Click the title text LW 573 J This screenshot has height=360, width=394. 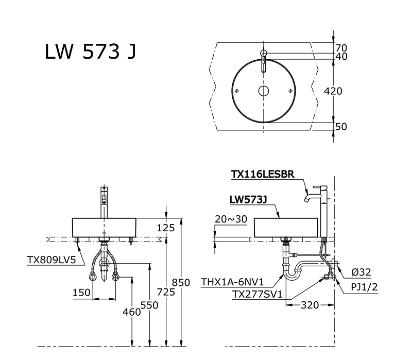click(x=91, y=52)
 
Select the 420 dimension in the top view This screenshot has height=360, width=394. click(x=333, y=91)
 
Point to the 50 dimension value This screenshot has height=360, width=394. click(x=341, y=126)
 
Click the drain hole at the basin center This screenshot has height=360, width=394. click(x=264, y=92)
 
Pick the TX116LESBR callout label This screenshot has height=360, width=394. click(x=263, y=175)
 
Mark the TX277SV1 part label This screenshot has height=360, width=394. click(x=258, y=294)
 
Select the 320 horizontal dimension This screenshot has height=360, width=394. click(x=310, y=305)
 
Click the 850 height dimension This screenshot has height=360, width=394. click(x=181, y=283)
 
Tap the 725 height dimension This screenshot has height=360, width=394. click(x=166, y=292)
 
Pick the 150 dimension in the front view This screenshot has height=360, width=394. click(x=81, y=293)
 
